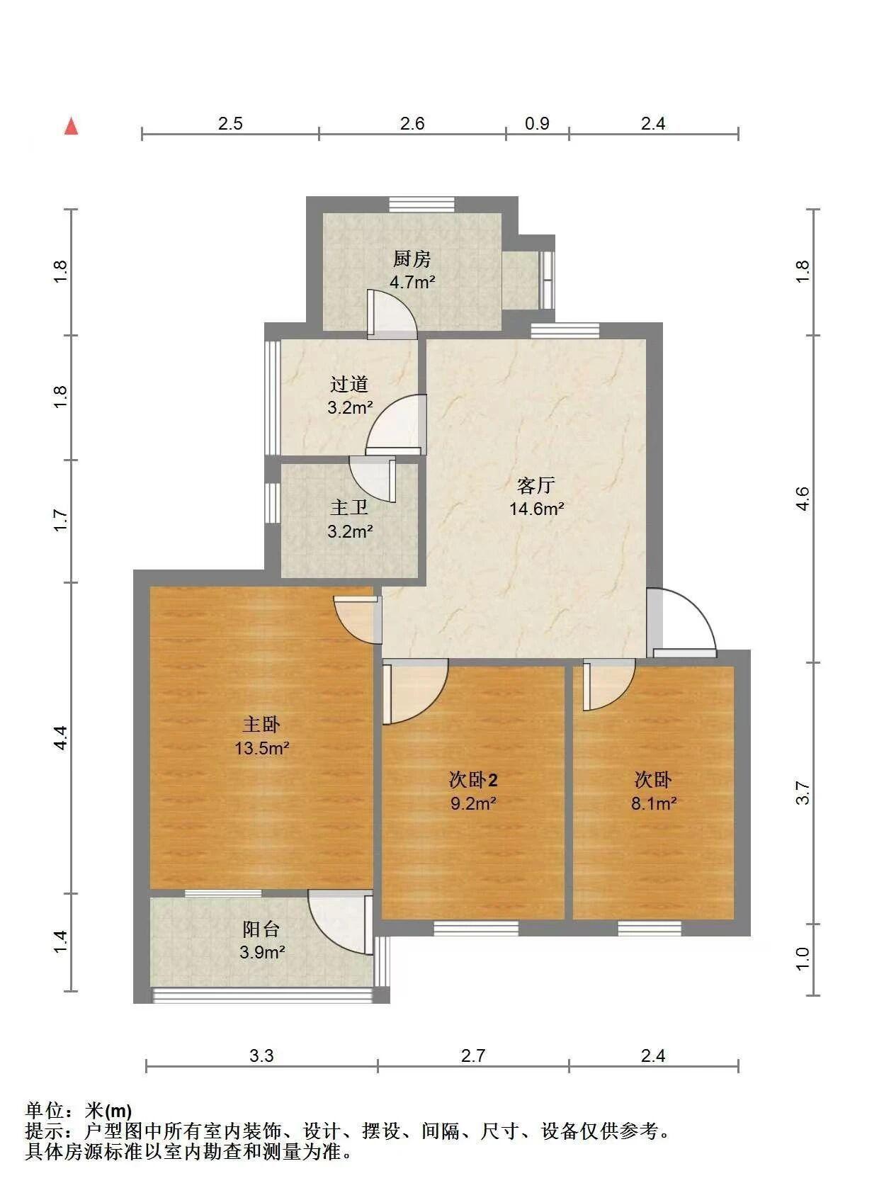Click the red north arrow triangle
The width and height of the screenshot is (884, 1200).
click(x=72, y=127)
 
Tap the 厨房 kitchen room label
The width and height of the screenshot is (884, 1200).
click(x=412, y=259)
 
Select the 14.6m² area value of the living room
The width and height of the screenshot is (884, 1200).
click(x=536, y=509)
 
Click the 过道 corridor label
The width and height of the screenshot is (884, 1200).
click(x=349, y=384)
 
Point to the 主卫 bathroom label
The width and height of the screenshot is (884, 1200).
click(x=349, y=506)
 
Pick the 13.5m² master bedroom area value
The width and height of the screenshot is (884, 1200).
click(x=262, y=747)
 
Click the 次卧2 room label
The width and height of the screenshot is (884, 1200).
click(x=473, y=780)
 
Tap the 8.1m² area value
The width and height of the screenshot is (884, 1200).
click(x=654, y=803)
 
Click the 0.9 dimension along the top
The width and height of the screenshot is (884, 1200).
click(x=537, y=124)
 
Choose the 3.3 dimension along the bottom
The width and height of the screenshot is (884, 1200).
click(x=261, y=1056)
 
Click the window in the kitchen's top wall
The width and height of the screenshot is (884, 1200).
click(x=421, y=205)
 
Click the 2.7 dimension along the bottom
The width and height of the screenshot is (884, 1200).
click(x=473, y=1056)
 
